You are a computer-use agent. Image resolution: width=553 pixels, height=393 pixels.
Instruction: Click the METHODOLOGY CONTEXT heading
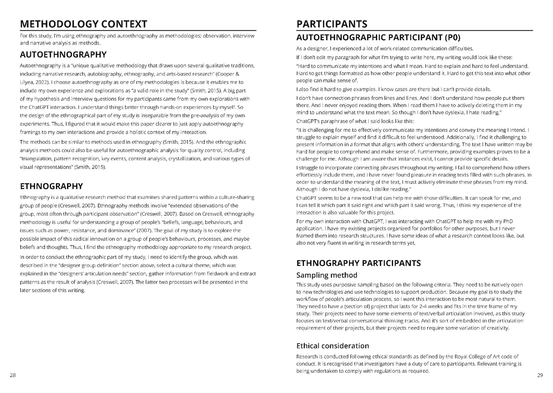click(x=83, y=24)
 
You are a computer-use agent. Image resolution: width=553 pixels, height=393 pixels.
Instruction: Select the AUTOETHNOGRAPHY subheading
click(x=63, y=55)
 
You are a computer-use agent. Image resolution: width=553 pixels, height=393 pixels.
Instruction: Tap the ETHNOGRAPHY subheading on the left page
click(x=51, y=186)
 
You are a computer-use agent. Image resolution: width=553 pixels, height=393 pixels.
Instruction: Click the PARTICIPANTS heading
click(x=332, y=24)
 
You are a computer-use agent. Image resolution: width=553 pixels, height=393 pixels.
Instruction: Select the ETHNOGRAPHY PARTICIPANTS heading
click(x=358, y=263)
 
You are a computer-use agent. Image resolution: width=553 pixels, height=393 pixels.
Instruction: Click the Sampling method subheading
click(x=327, y=275)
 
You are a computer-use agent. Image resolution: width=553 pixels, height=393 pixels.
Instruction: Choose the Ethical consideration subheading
click(x=332, y=346)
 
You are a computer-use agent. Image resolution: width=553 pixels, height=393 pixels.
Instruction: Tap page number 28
click(x=13, y=375)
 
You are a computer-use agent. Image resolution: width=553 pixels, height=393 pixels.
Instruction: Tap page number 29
click(x=540, y=375)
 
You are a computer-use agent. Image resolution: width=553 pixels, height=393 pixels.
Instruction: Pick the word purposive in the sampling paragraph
click(x=338, y=285)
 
